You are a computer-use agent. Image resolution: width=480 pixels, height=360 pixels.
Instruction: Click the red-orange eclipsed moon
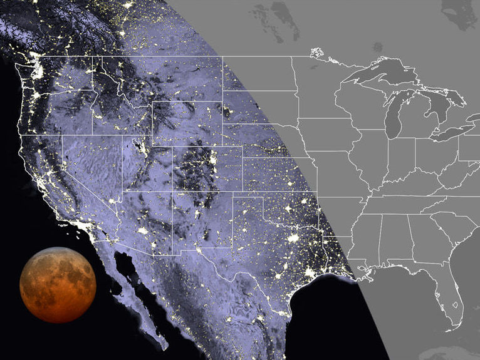pyautogui.click(x=58, y=285)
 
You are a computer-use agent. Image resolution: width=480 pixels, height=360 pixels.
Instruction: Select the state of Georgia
pyautogui.click(x=426, y=238)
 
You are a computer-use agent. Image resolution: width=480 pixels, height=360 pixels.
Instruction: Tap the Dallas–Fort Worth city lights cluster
pyautogui.click(x=293, y=238)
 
